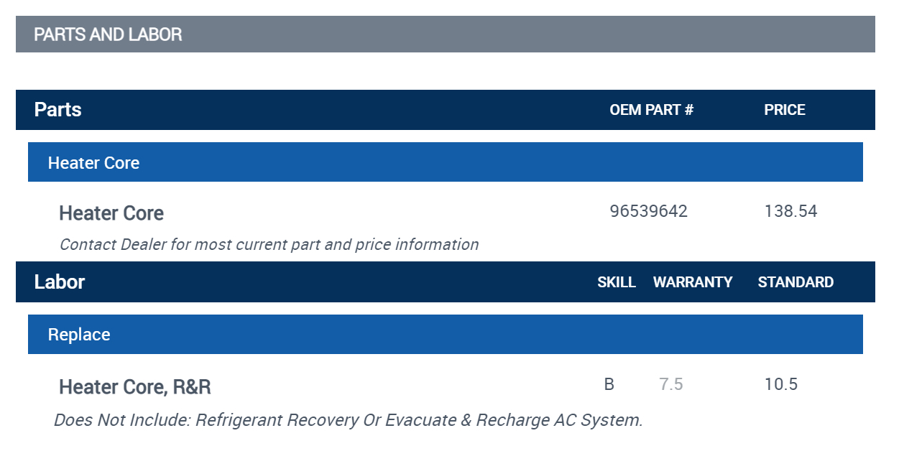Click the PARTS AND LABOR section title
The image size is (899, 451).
click(x=108, y=34)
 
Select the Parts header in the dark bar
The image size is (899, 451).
click(x=58, y=110)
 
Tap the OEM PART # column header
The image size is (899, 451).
click(x=651, y=110)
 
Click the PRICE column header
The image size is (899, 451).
click(x=785, y=110)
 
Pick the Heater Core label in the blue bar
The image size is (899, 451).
click(x=93, y=163)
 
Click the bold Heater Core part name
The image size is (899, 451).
click(x=111, y=213)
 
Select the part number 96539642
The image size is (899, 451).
click(x=648, y=212)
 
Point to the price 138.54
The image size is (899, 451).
click(x=790, y=212)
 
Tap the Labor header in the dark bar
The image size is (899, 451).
click(x=60, y=282)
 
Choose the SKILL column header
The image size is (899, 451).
click(x=617, y=282)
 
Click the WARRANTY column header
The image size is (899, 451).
click(x=693, y=282)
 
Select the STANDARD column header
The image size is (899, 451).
click(x=796, y=282)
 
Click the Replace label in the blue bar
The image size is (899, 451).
click(x=79, y=335)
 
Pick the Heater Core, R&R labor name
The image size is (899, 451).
click(x=135, y=387)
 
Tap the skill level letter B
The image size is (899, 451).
click(x=609, y=385)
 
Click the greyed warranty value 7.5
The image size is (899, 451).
click(x=671, y=385)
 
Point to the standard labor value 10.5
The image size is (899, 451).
click(x=781, y=385)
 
